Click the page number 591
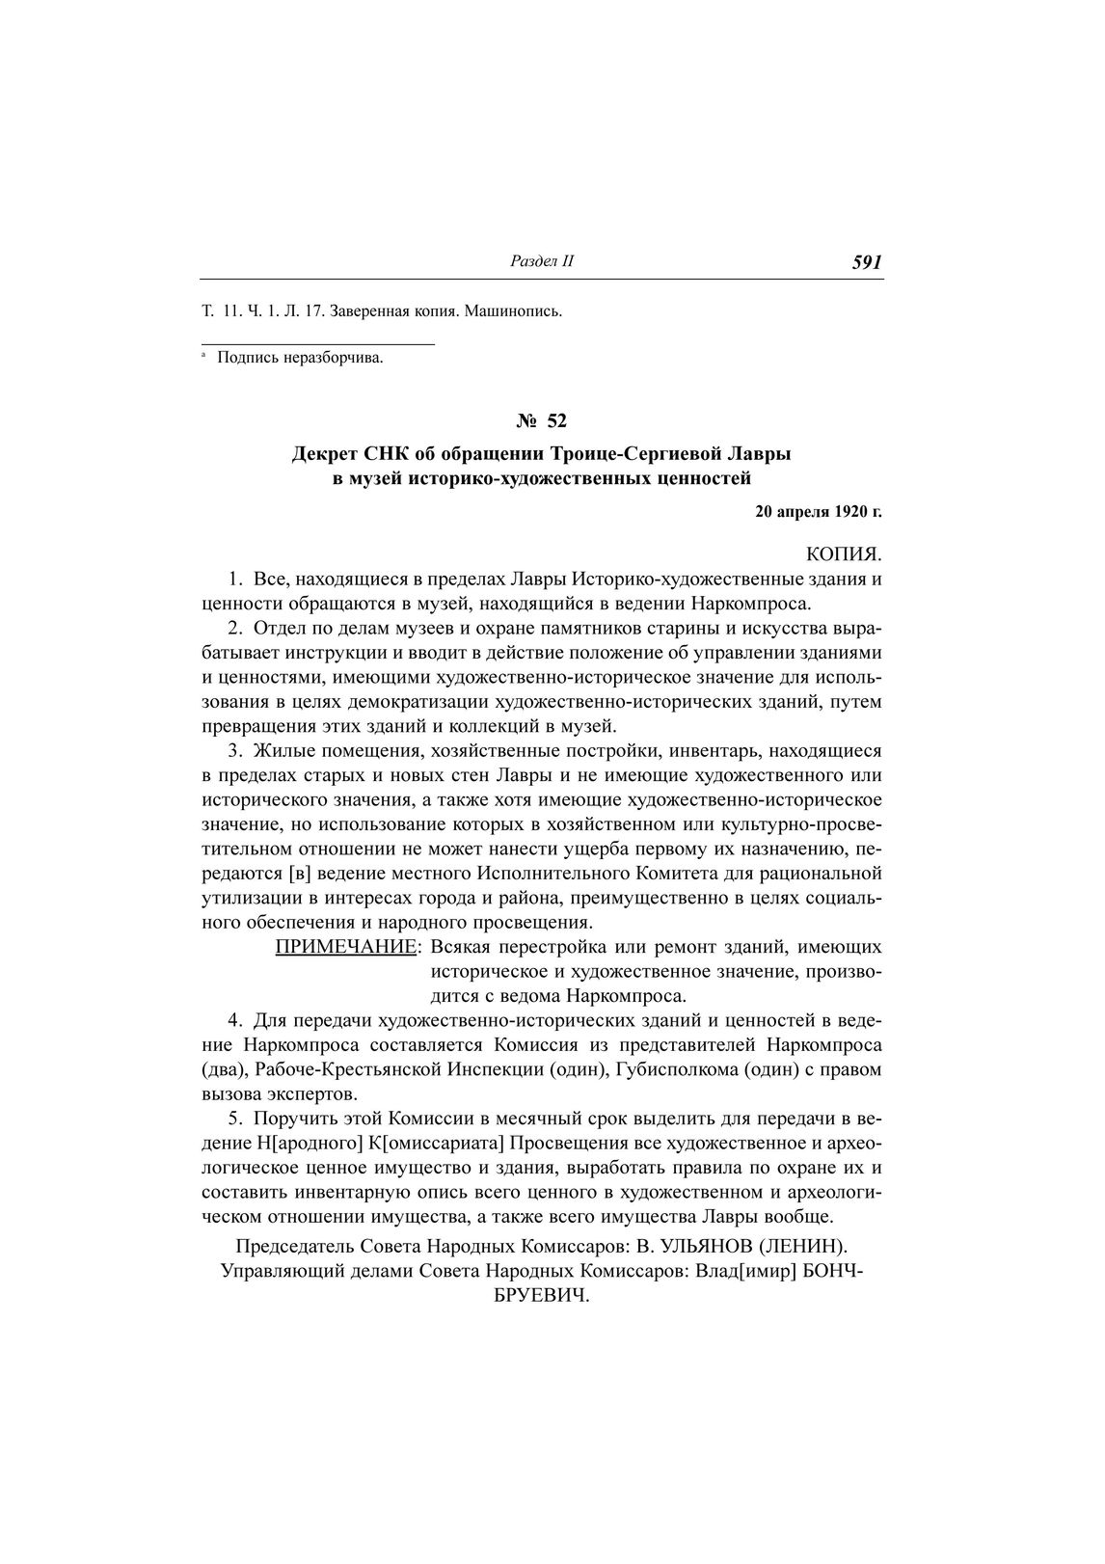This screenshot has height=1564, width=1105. point(867,263)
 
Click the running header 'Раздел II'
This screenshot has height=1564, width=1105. point(541,261)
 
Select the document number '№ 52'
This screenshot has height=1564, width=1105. point(542,420)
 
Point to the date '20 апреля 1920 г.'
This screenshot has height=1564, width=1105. point(819,512)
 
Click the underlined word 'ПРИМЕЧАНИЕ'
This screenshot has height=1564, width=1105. point(346,947)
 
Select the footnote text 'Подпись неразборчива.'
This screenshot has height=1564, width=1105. point(300,359)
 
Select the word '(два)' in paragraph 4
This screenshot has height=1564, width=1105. point(225,1069)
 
